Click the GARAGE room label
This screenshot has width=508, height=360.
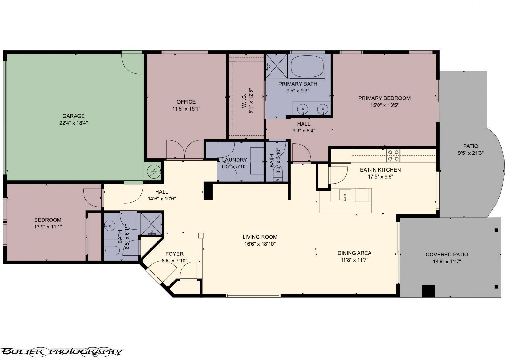[x=73, y=116]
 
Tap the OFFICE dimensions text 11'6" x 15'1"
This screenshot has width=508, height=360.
[x=186, y=109]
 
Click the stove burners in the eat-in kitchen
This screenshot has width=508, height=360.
[x=393, y=155]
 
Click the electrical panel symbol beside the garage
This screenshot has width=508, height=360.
[x=154, y=172]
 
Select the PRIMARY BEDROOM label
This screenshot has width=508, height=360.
[x=384, y=98]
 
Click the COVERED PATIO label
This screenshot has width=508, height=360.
[x=447, y=255]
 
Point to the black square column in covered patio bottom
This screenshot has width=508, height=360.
[x=428, y=291]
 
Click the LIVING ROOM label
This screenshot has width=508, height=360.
[x=260, y=237]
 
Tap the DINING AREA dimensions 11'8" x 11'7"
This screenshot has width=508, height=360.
[x=354, y=260]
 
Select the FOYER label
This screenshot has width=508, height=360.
[x=174, y=254]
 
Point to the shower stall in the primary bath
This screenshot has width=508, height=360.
[x=277, y=65]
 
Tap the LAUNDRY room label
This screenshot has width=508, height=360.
[x=234, y=160]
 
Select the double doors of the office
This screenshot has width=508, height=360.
[x=184, y=149]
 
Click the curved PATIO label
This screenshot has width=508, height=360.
[x=470, y=146]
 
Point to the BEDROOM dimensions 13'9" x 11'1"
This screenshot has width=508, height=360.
[x=48, y=227]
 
